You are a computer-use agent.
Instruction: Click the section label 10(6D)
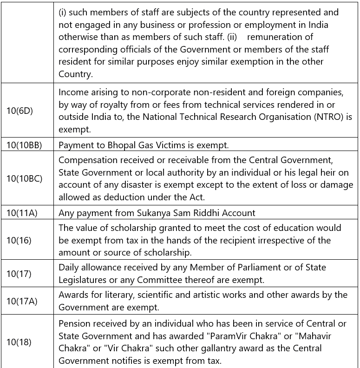20,111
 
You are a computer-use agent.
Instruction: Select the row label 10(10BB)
24,145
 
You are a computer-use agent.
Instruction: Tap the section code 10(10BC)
24,179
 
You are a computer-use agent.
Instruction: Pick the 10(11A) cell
22,213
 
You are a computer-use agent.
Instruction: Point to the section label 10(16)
19,240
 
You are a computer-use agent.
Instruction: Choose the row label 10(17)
19,274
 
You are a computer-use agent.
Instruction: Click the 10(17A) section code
21,301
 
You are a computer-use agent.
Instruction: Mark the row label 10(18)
19,342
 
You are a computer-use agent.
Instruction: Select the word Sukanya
155,213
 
